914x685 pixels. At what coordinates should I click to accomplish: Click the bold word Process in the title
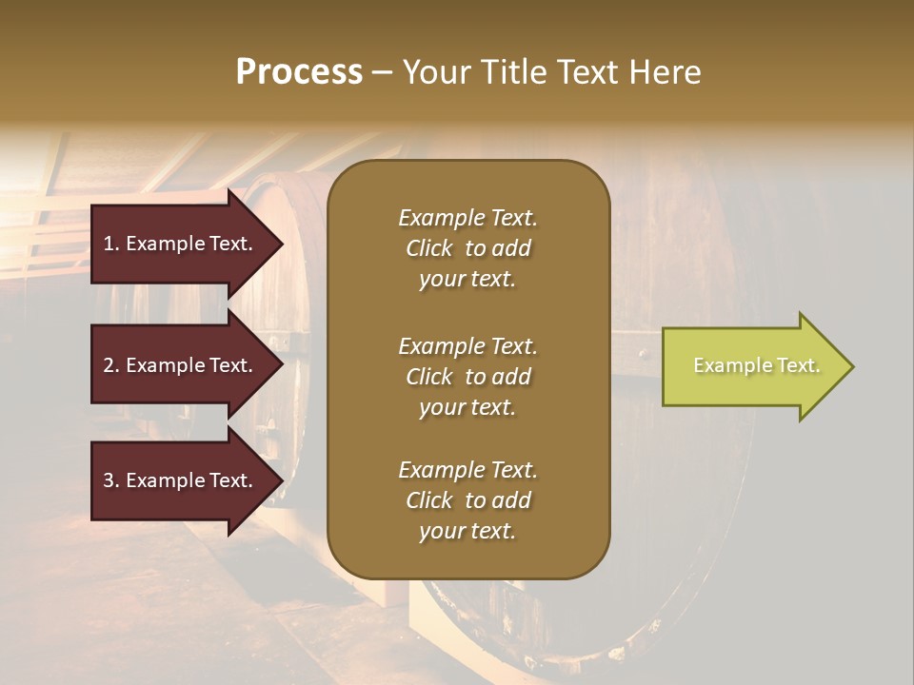tap(299, 72)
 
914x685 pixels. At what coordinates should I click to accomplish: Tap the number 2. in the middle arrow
tap(111, 365)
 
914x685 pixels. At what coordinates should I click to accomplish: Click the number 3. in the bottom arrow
tap(111, 480)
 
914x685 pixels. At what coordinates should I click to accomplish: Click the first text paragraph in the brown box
tap(467, 248)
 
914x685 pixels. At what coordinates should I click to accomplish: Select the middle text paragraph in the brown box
tap(467, 377)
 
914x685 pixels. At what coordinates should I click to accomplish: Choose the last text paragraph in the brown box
tap(467, 500)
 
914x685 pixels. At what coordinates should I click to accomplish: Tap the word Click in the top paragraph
tap(429, 248)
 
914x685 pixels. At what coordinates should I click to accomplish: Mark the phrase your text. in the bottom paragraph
tap(467, 531)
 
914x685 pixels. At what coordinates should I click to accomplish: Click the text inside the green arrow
tap(757, 365)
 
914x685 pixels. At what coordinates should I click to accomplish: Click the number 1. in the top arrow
tap(111, 244)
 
